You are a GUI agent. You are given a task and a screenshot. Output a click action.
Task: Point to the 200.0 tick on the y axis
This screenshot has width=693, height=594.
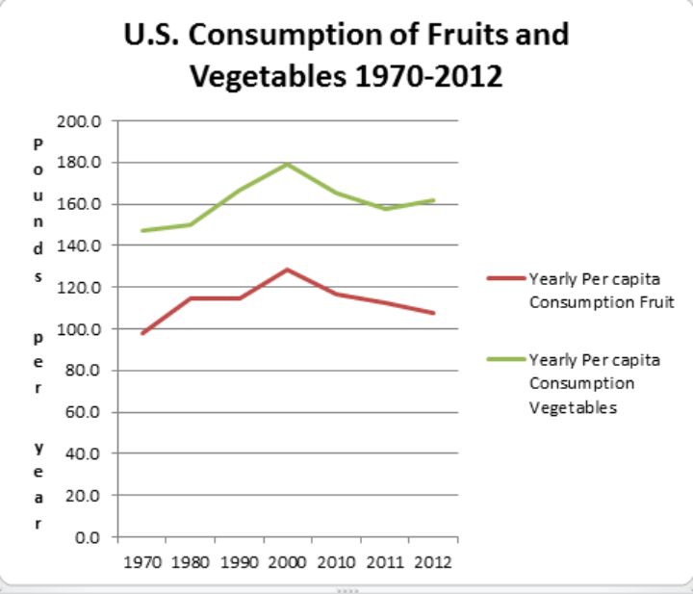coord(90,121)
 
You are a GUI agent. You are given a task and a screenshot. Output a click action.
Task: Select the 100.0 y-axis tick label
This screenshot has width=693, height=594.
coord(90,329)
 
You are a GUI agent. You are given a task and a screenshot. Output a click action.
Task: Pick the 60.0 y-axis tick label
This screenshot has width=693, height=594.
coord(93,412)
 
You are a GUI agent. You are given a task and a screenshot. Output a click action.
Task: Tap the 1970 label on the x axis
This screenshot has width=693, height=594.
coord(141,560)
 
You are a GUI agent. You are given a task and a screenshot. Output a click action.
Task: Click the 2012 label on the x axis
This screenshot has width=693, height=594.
coord(433,560)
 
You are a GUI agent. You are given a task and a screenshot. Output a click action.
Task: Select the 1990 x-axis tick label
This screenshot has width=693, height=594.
coord(239,560)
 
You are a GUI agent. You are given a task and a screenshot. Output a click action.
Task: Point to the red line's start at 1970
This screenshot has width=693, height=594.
coord(142,333)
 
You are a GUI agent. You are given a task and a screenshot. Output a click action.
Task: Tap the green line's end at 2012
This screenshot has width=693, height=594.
coord(433,200)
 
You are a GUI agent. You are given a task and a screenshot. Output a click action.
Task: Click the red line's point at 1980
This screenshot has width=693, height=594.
coord(191,298)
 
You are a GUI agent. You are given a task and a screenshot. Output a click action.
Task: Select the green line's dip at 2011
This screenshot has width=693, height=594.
coord(385,208)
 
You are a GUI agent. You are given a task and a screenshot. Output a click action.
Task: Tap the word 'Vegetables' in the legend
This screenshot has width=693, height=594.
coord(573,407)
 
